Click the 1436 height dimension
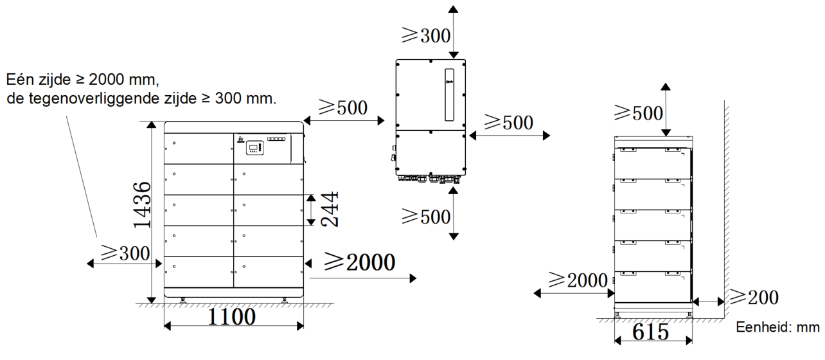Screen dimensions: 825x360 pos(142,204)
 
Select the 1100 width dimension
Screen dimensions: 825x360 pos(232,316)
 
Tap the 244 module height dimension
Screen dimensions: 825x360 pos(329,209)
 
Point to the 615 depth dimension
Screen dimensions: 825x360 pos(650,332)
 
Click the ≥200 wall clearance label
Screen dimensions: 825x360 pos(754,298)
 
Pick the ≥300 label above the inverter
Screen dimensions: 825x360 pos(426,36)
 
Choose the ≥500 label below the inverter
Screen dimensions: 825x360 pos(426,217)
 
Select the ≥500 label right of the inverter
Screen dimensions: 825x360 pos(509,122)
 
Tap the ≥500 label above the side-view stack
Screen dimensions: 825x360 pos(639,113)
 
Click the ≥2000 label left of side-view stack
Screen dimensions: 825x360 pos(578,280)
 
